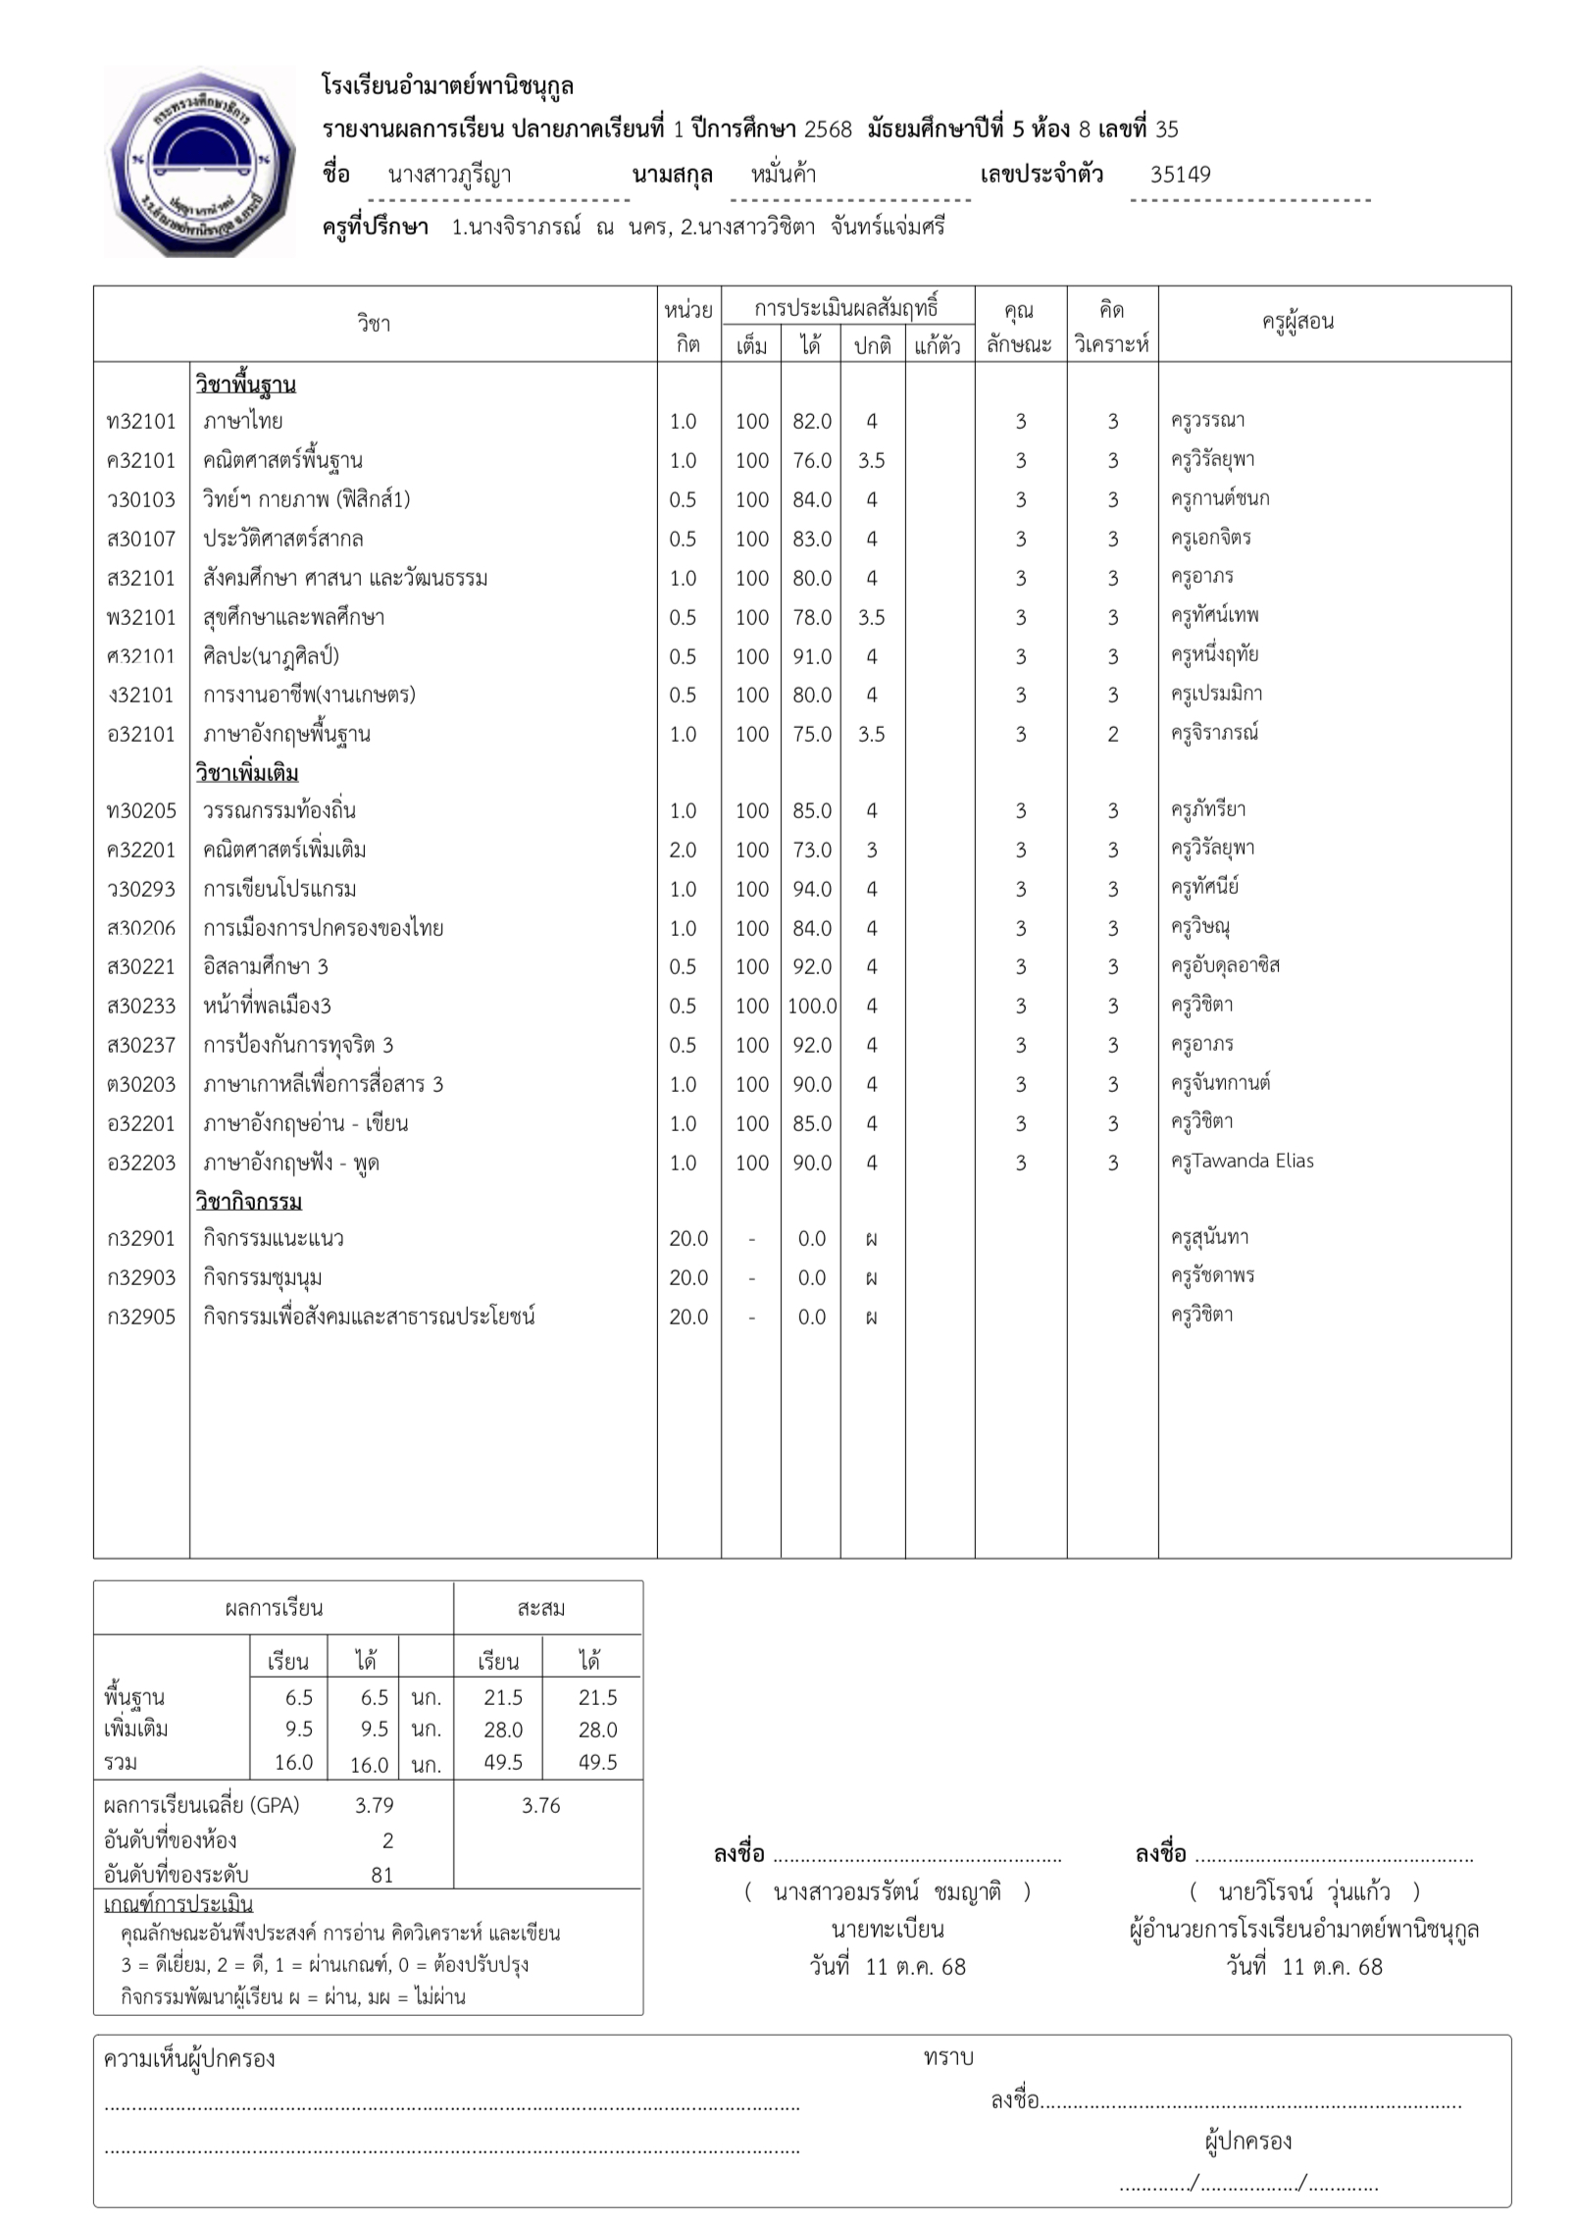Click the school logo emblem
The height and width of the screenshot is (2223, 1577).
(200, 162)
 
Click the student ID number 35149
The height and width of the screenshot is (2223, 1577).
(1180, 175)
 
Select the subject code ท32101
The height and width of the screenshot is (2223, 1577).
(141, 422)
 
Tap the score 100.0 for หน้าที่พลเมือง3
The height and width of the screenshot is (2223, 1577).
(812, 1007)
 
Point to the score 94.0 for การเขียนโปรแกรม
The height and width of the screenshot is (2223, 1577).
(812, 890)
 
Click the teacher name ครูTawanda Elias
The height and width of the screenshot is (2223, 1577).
(1242, 1162)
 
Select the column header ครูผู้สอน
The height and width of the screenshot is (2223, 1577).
(1297, 322)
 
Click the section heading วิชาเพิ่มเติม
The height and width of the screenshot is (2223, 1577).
(246, 773)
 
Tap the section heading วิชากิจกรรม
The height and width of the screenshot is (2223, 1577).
(248, 1202)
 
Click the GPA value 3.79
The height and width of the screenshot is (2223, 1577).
(375, 1805)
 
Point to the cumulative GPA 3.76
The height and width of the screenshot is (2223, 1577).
(540, 1805)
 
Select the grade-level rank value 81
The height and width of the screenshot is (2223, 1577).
(382, 1875)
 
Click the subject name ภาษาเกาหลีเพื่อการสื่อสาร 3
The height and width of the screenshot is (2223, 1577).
(324, 1085)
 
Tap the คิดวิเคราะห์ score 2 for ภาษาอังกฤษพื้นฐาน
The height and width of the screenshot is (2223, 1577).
(1112, 735)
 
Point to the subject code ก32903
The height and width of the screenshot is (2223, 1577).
(141, 1278)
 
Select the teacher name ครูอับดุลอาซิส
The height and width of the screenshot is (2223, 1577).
(1225, 966)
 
